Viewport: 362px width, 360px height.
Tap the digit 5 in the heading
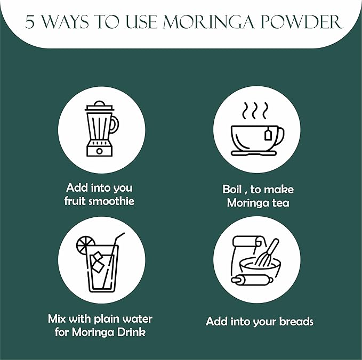(x=29, y=22)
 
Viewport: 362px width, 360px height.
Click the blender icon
(x=101, y=129)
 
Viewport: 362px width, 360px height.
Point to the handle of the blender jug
(x=115, y=125)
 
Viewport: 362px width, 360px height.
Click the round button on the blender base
(x=100, y=151)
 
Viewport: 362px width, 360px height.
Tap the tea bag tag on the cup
(x=268, y=134)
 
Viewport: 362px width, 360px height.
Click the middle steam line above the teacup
(x=255, y=111)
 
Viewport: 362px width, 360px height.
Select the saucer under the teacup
(x=254, y=153)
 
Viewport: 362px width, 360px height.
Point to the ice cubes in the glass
(x=97, y=262)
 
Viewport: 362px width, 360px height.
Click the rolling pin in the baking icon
(x=252, y=280)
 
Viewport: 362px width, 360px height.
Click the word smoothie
(x=111, y=201)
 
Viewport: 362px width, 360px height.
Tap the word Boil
(x=232, y=190)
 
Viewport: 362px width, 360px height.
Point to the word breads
(x=296, y=321)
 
